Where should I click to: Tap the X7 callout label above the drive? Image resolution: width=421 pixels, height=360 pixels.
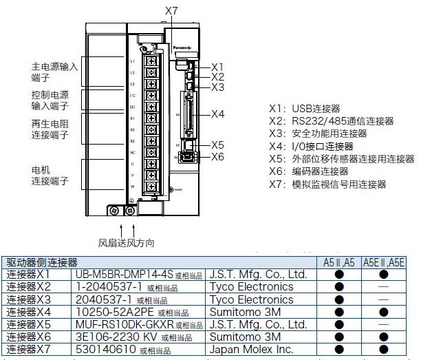point(172,11)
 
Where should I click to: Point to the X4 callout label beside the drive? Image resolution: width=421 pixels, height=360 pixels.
point(217,114)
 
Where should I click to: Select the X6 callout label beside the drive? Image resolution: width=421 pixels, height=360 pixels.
point(217,157)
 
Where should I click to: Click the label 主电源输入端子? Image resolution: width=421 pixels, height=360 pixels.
point(55,73)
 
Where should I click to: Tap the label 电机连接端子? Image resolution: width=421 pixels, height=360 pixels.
point(50,175)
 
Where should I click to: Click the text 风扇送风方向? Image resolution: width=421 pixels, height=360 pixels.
point(127,242)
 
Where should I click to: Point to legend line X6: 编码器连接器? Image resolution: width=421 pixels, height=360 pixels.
point(309,171)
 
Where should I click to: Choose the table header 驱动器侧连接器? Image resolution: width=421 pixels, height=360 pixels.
point(43,262)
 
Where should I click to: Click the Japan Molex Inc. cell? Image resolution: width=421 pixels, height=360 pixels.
point(250,350)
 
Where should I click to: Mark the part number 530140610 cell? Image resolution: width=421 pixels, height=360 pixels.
point(106,350)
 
